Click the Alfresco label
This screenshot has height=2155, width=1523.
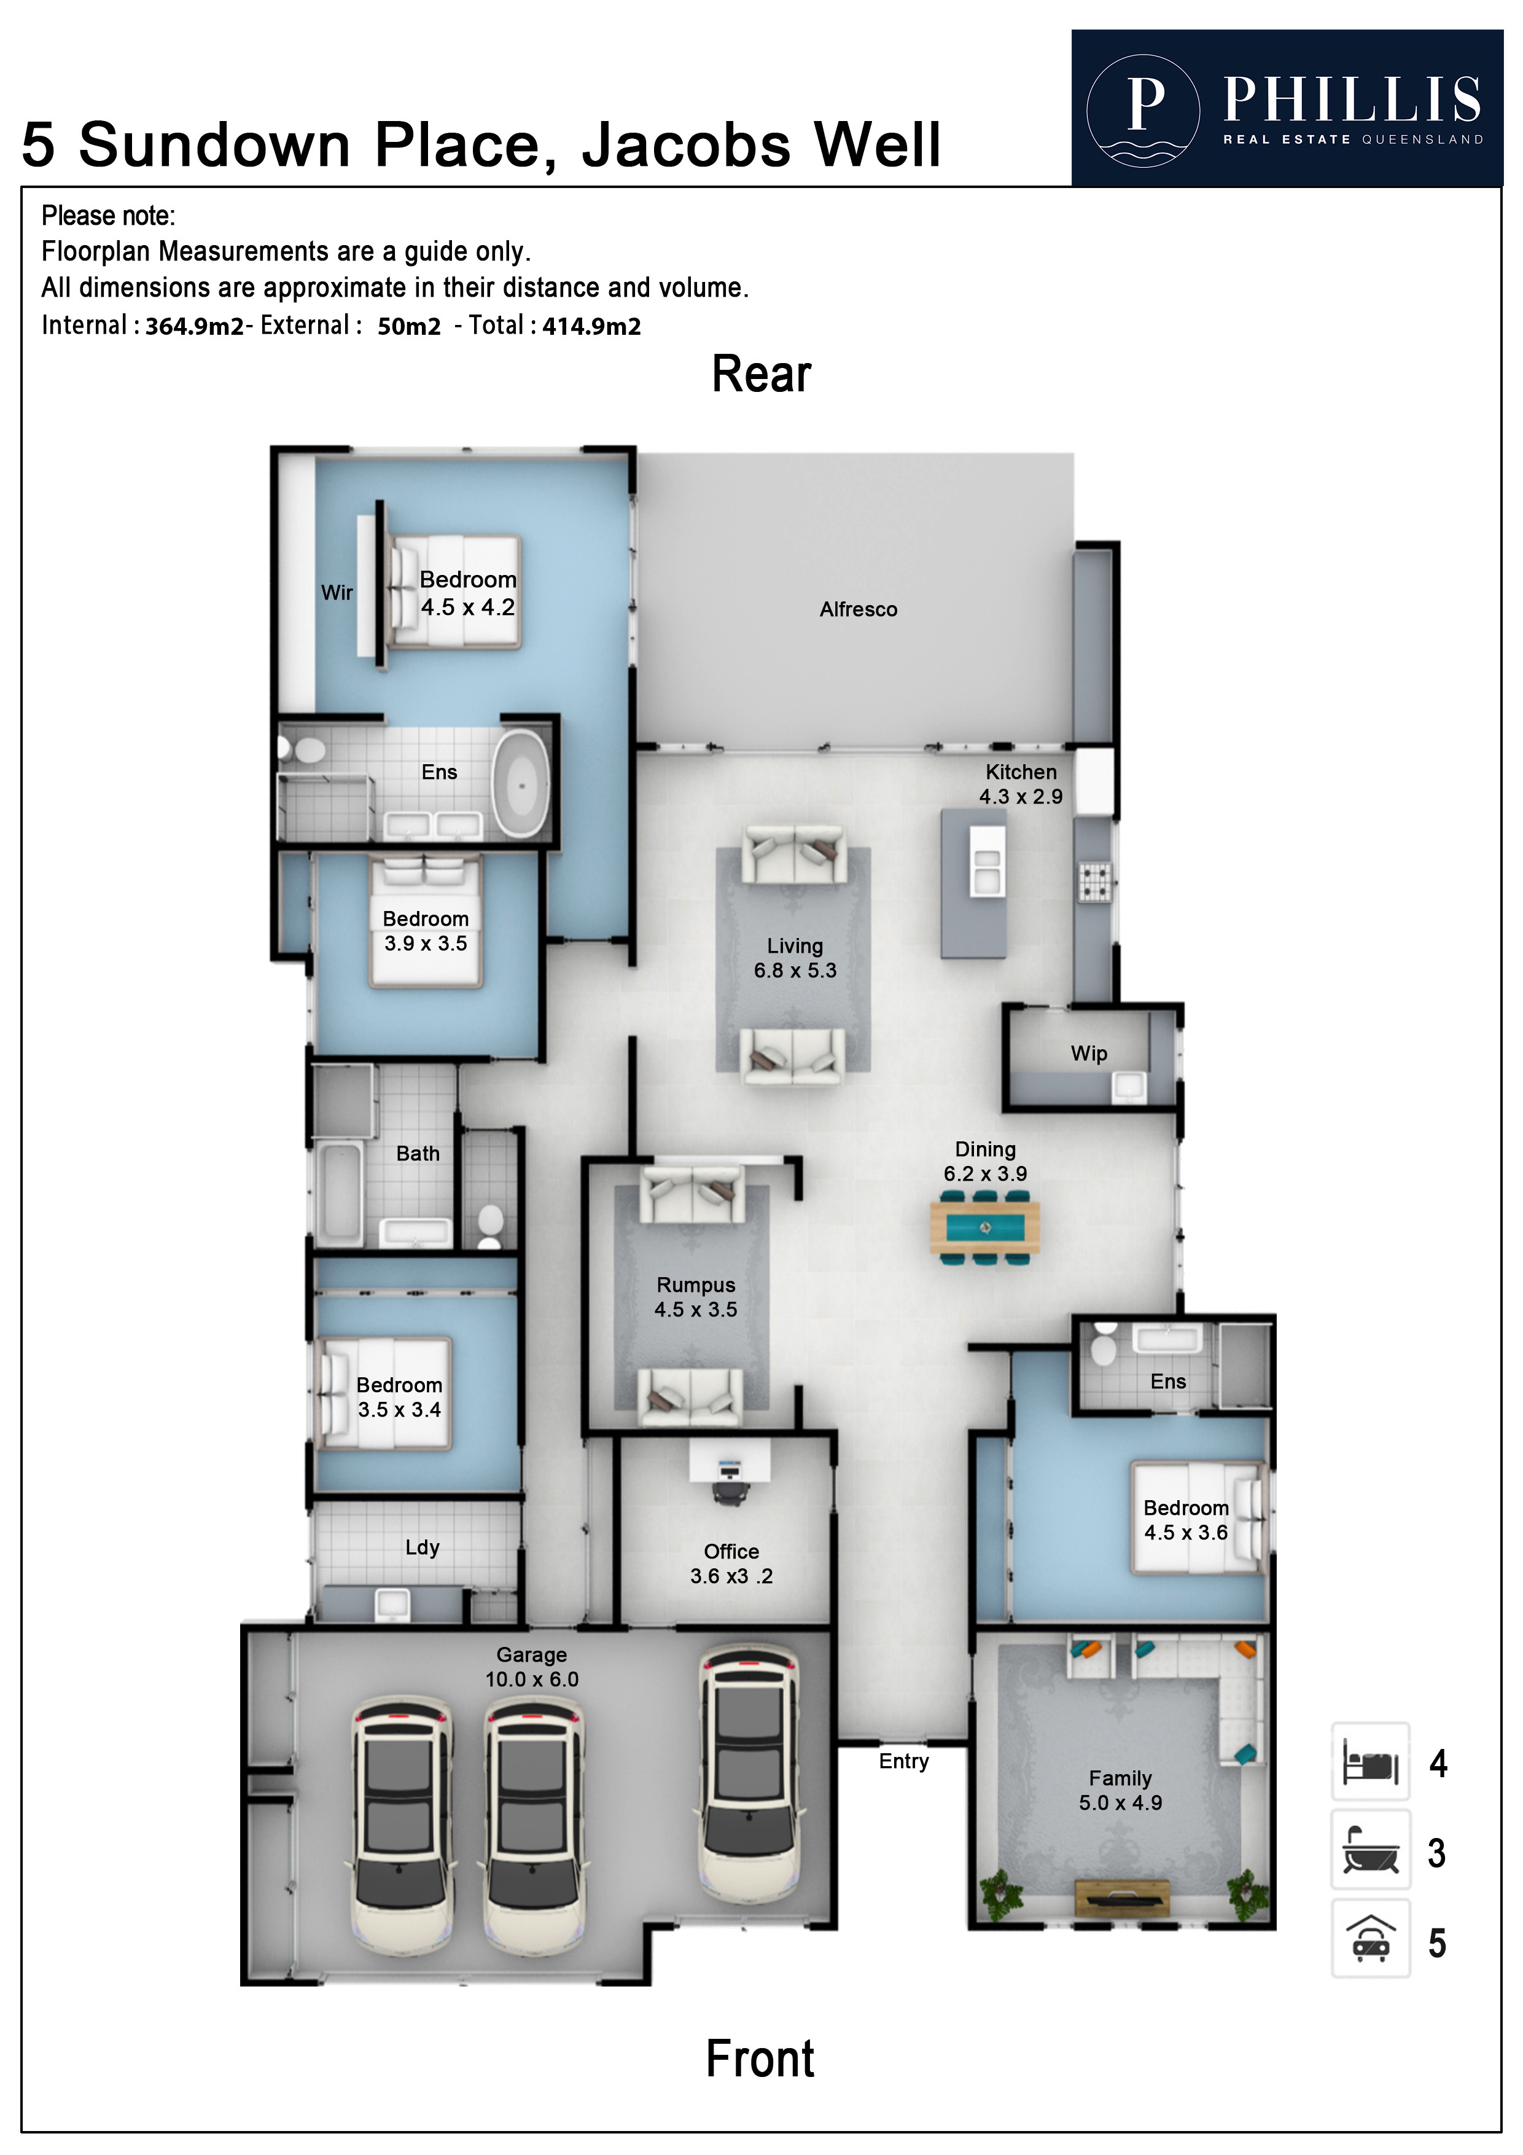[x=858, y=609]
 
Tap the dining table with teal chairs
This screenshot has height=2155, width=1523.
[x=984, y=1227]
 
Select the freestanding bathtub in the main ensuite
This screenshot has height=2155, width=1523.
[x=522, y=784]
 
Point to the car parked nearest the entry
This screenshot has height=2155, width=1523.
[x=750, y=1783]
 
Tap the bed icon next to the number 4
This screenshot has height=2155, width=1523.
[x=1370, y=1762]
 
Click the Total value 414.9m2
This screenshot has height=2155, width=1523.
[x=591, y=327]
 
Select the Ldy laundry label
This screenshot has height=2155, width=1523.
[x=423, y=1547]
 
